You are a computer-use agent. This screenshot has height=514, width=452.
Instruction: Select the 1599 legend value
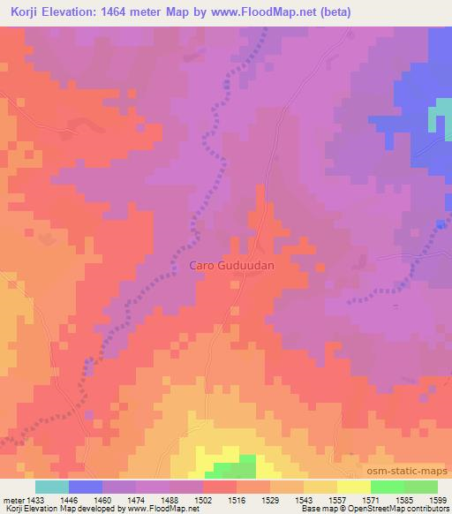point(436,499)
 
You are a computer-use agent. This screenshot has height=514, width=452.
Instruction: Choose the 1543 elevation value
point(285,499)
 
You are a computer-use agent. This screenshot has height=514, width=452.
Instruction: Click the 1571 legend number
point(352,499)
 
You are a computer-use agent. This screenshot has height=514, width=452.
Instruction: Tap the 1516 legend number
point(219,499)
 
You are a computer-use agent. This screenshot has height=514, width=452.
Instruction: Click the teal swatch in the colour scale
point(52,487)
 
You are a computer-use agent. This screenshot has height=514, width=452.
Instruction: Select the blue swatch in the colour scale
point(86,487)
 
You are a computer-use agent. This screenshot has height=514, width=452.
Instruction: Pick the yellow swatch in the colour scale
point(353,487)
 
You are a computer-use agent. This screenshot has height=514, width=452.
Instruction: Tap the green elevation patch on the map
point(235,469)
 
